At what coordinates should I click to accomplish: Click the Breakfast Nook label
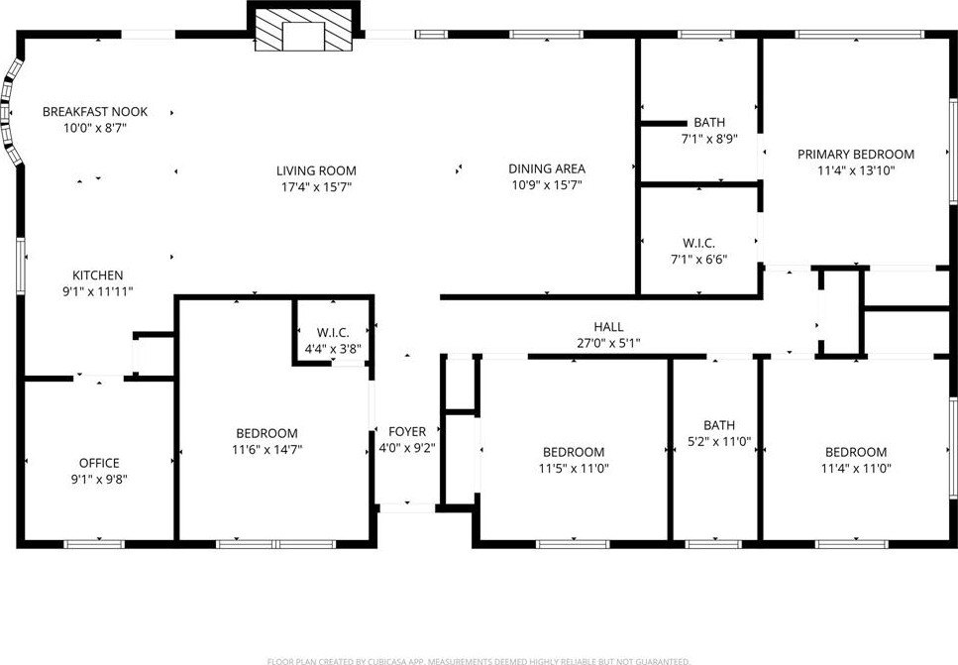(95, 112)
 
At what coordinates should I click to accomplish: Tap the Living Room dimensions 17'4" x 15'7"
(316, 187)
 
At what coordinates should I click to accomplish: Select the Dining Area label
(547, 168)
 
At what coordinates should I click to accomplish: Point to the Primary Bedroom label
(856, 154)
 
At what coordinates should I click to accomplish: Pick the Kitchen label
(98, 276)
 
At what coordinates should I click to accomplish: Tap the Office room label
(99, 463)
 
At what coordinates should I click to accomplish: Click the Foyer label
(407, 431)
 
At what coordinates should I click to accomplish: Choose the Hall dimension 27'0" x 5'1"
(608, 344)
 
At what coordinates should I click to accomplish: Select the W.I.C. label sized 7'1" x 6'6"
(699, 243)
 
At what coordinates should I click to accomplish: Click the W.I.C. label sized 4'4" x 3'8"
(333, 333)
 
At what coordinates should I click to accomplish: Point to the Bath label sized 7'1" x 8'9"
(709, 122)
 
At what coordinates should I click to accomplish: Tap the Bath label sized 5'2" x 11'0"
(719, 425)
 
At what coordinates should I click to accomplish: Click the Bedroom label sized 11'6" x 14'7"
(267, 433)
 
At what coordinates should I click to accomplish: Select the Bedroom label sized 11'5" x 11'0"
(574, 452)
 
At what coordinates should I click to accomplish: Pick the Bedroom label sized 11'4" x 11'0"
(856, 452)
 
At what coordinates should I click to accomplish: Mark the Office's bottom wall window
(94, 543)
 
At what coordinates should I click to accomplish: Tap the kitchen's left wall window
(21, 266)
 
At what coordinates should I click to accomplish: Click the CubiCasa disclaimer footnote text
(479, 661)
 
